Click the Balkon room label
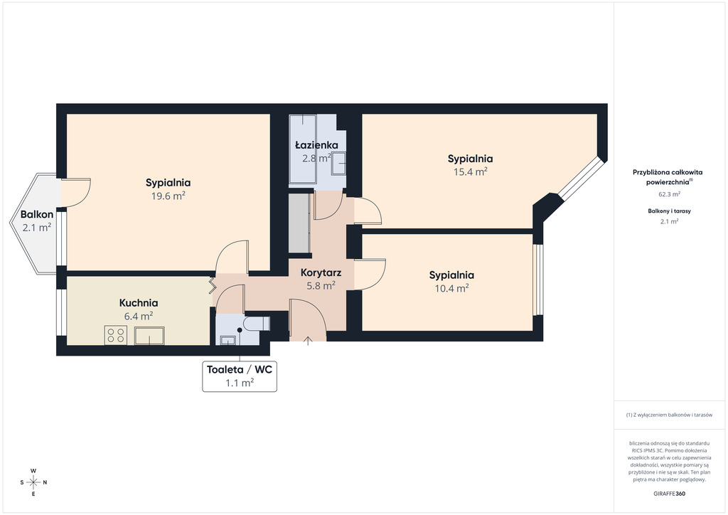(x=36, y=214)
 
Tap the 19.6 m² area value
(x=168, y=196)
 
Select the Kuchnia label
(x=138, y=302)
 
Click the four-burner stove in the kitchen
(x=116, y=335)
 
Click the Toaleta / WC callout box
(x=240, y=376)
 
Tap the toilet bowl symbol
(x=255, y=324)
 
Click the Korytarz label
(x=321, y=272)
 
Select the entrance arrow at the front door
(x=308, y=341)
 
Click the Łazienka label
(x=316, y=145)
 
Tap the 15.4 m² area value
(x=470, y=171)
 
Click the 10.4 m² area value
(x=451, y=288)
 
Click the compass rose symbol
(x=33, y=482)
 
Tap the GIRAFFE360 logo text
(x=669, y=494)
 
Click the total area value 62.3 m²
(x=669, y=193)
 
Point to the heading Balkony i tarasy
(x=669, y=211)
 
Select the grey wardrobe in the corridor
(x=299, y=223)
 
